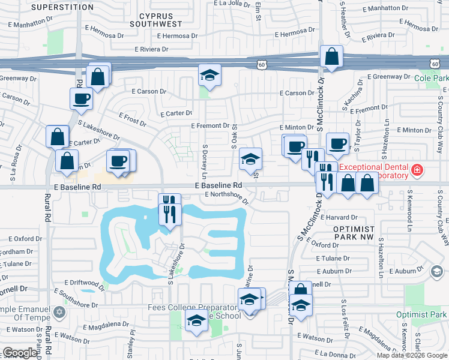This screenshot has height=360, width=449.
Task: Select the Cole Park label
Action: (431, 78)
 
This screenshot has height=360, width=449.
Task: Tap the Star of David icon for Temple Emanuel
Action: (59, 312)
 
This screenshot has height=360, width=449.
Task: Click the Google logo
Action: (20, 353)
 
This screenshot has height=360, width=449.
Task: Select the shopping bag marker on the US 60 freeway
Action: (331, 58)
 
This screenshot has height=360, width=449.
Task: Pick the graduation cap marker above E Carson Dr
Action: (210, 76)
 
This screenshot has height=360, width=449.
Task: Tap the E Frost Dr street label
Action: (132, 119)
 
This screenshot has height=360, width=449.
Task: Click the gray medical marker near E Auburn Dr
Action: (435, 271)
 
